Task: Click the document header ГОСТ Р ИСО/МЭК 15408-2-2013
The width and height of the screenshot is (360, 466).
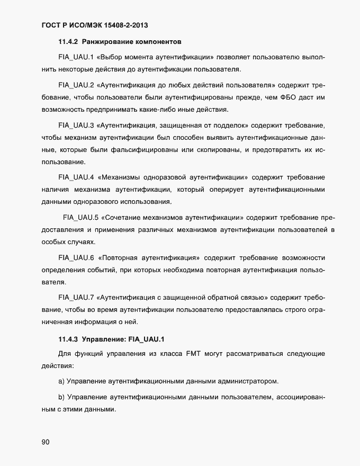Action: pyautogui.click(x=99, y=24)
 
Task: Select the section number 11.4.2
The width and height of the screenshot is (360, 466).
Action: pyautogui.click(x=68, y=40)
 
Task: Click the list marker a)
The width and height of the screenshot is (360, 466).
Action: pyautogui.click(x=61, y=381)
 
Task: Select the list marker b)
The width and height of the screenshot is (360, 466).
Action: pyautogui.click(x=61, y=397)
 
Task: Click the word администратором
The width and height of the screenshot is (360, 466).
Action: pyautogui.click(x=247, y=381)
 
